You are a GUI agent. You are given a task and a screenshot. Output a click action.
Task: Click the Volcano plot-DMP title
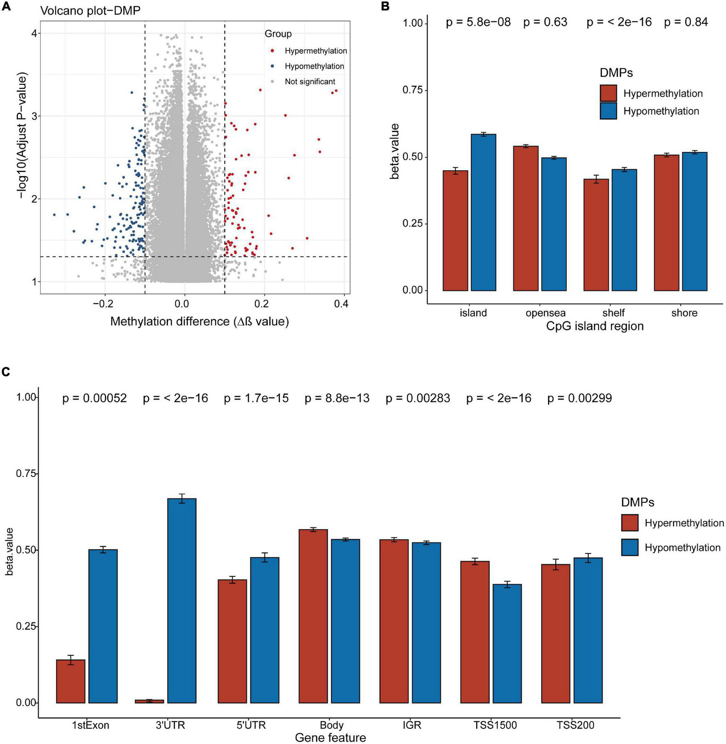tap(90, 10)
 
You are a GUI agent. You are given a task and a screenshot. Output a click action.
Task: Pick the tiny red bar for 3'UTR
tap(149, 701)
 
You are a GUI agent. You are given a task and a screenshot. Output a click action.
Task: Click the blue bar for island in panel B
tap(483, 212)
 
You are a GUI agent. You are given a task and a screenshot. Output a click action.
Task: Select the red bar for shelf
tap(596, 235)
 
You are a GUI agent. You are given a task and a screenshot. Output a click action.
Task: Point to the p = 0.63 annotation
tap(545, 22)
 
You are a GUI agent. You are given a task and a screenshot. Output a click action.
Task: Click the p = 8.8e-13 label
tap(337, 398)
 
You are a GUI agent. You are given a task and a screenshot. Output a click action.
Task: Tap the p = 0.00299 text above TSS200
tap(579, 398)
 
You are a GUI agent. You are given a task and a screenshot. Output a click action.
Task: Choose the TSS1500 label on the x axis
tap(495, 725)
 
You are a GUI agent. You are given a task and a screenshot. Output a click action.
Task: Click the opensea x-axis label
tap(545, 313)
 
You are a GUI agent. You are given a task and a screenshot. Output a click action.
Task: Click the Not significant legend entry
tap(310, 82)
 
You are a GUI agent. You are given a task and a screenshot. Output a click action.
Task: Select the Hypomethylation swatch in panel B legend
tap(608, 111)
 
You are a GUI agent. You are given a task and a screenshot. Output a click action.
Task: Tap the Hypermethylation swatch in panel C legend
tap(630, 523)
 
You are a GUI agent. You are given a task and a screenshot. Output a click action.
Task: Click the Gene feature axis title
tap(330, 738)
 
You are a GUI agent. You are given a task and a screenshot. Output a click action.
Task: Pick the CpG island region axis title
tap(595, 326)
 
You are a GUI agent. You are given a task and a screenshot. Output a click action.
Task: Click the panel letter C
tap(6, 372)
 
